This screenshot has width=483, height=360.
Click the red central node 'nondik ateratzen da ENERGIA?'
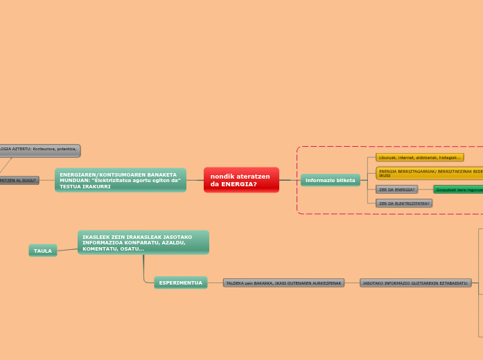click(x=241, y=180)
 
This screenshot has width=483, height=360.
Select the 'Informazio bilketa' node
click(x=330, y=180)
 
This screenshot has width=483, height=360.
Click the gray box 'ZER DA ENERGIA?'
click(x=397, y=189)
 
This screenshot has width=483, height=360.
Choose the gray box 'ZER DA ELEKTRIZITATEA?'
click(x=404, y=204)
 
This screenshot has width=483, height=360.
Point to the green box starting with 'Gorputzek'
click(x=458, y=189)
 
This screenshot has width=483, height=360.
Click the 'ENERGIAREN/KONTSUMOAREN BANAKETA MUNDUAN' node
click(x=120, y=180)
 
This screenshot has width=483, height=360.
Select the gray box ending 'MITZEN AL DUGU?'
click(x=19, y=180)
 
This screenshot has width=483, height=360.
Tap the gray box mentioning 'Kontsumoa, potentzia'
click(x=39, y=150)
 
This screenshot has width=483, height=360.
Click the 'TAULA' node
click(x=43, y=251)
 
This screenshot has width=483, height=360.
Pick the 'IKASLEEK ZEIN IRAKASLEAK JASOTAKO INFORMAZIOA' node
click(x=143, y=242)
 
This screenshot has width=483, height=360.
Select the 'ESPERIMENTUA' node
click(x=180, y=282)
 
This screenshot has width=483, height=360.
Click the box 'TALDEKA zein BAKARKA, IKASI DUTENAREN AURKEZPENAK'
click(x=283, y=282)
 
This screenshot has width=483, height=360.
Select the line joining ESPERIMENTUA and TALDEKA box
click(x=215, y=282)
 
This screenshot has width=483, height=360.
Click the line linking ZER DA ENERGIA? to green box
click(x=425, y=189)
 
